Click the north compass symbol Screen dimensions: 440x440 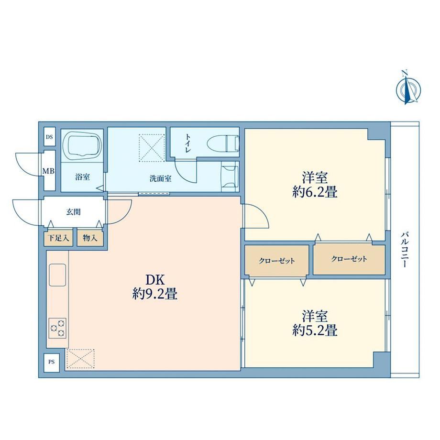(408, 89)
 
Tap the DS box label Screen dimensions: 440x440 (49, 137)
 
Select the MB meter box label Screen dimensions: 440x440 (48, 171)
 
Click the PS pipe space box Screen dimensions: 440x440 (51, 362)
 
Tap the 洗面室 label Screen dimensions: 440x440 (160, 178)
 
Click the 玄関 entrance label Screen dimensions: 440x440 (73, 212)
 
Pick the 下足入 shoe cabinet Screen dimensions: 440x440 (58, 238)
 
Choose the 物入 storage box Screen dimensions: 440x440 (90, 238)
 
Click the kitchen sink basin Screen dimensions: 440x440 (57, 275)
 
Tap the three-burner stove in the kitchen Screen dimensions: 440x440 (57, 328)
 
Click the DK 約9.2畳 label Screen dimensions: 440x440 (154, 287)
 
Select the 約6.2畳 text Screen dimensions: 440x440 (315, 192)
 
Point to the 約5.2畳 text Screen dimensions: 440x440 (315, 330)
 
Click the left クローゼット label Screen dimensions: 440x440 (277, 261)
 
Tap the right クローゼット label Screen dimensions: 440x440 (349, 259)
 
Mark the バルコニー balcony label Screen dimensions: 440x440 (404, 249)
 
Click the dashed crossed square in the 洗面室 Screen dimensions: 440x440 (152, 148)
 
